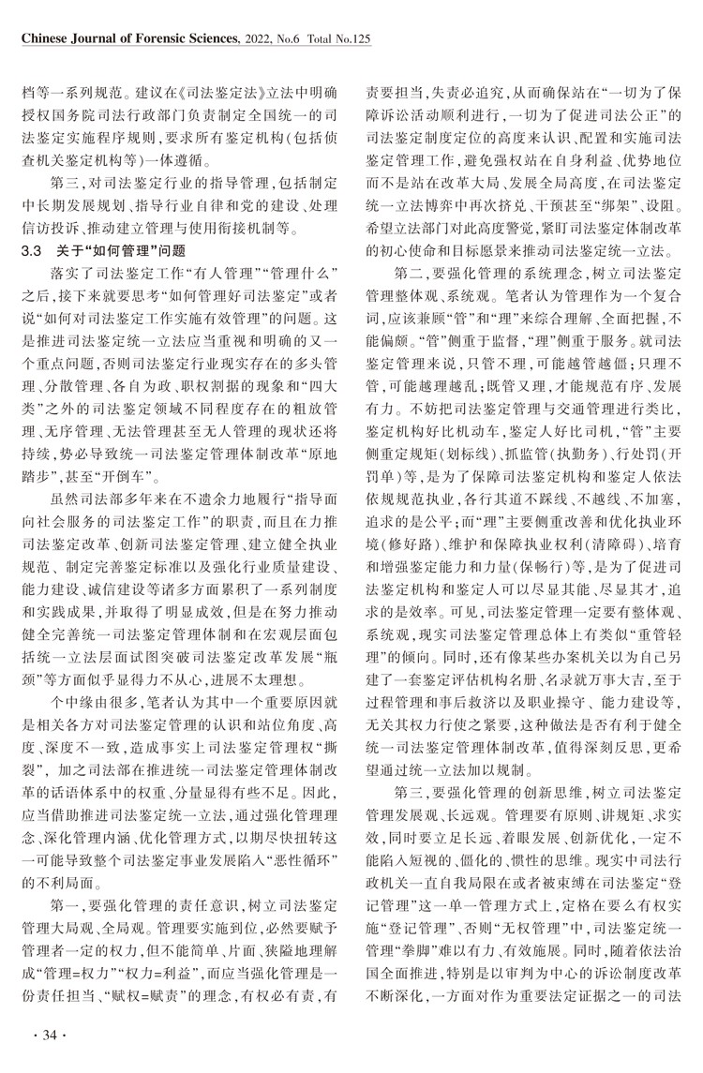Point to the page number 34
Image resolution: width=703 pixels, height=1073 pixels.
click(x=45, y=1034)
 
